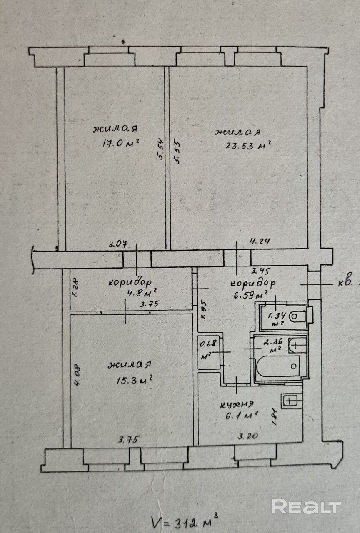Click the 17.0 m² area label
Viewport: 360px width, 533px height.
click(120, 143)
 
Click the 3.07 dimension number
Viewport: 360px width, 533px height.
click(117, 244)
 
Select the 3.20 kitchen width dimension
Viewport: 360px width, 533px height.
click(247, 436)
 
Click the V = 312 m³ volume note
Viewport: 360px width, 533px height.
click(184, 521)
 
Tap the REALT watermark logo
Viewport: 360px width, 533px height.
click(306, 506)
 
